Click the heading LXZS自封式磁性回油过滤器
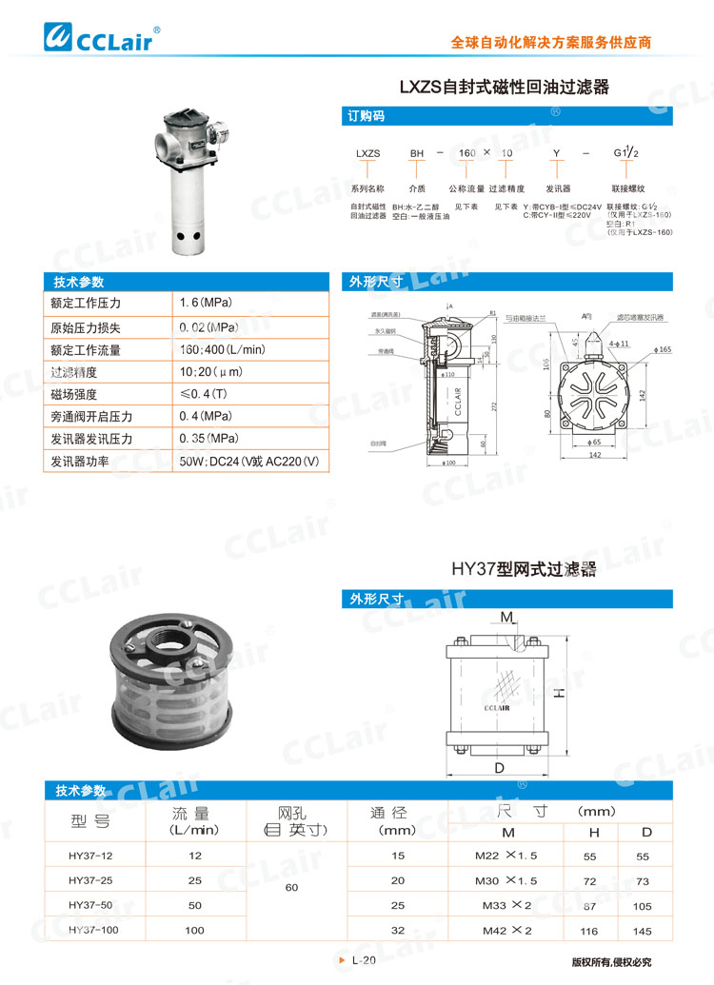tap(504, 88)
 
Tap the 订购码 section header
tap(367, 117)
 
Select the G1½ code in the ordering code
tap(628, 152)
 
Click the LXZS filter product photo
tap(193, 184)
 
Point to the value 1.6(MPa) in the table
tap(206, 303)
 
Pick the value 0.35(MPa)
tap(208, 439)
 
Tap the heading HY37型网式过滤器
tap(524, 570)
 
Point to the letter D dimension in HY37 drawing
tap(499, 767)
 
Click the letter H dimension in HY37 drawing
tap(561, 695)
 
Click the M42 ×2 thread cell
tap(506, 930)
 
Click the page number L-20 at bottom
tap(364, 961)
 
